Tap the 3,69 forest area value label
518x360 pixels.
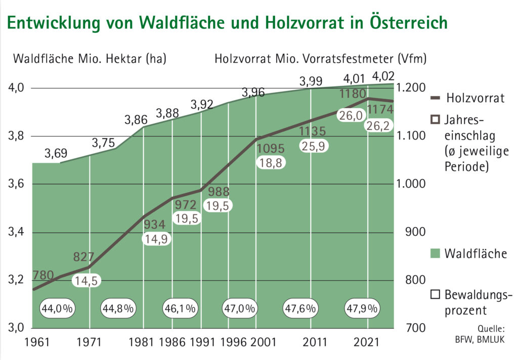(x=55, y=154)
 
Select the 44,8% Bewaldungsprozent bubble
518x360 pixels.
(x=118, y=308)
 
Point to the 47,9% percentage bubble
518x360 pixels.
(x=362, y=308)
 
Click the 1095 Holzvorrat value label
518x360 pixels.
(x=271, y=149)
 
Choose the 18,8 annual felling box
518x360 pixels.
(x=271, y=163)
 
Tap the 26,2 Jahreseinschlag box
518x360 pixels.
(x=378, y=126)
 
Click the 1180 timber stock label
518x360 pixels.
(x=353, y=94)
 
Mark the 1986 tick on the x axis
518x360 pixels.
(x=171, y=342)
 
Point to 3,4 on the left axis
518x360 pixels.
(x=17, y=233)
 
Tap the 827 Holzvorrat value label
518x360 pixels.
(x=83, y=256)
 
